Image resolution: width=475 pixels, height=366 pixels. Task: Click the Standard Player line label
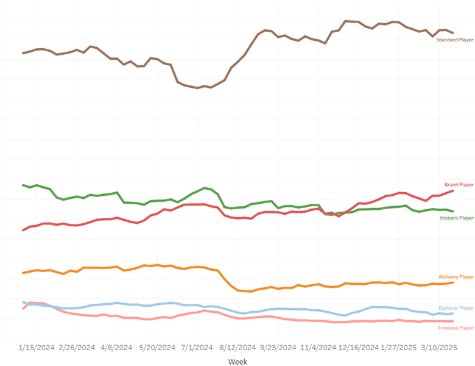455,40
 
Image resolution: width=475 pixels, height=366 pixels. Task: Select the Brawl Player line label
459,184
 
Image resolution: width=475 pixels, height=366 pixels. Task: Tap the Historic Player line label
457,218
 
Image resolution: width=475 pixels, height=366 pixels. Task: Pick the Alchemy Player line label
456,277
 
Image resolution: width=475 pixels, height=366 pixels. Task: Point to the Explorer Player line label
456,309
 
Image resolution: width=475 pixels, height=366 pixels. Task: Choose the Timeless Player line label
456,328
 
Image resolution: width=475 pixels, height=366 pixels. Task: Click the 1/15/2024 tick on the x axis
36,348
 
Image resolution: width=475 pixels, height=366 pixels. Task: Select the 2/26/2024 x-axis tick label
77,348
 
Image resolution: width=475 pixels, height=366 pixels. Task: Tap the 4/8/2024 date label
116,348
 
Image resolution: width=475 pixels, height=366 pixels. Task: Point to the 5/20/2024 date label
157,348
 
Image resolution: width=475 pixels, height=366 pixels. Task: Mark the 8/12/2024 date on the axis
237,348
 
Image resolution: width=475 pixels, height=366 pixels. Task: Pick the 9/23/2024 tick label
277,348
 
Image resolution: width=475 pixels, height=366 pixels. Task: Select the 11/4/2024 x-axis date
317,348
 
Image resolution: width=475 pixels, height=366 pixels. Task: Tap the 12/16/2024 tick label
359,348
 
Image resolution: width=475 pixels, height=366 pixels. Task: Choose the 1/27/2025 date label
398,348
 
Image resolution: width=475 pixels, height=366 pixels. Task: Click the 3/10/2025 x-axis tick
438,348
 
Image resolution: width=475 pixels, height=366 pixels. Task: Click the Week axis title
237,362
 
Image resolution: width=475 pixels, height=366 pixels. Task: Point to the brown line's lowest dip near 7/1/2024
197,88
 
